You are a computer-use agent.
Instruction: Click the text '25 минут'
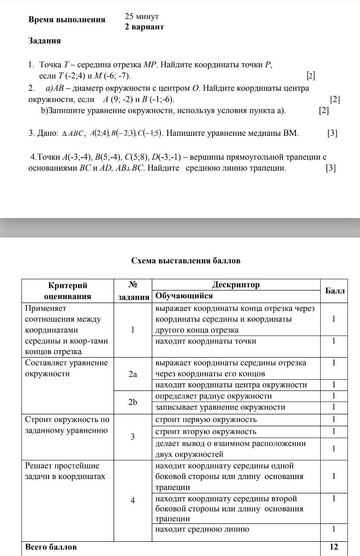click(141, 17)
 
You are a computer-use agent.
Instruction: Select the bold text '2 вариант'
click(144, 27)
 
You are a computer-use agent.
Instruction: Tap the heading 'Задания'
click(45, 41)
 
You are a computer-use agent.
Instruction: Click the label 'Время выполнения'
click(67, 20)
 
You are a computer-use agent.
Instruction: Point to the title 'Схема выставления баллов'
click(186, 261)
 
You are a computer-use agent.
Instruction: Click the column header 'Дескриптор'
click(236, 284)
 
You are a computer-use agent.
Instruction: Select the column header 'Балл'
click(335, 291)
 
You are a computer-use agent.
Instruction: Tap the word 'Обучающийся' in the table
click(184, 296)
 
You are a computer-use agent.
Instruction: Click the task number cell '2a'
click(133, 374)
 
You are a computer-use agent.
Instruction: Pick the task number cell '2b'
click(133, 402)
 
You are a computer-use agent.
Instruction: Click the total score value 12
click(334, 547)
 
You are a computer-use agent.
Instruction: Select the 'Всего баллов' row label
click(51, 547)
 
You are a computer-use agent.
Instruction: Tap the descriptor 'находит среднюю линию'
click(202, 529)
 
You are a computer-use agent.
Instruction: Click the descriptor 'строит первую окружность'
click(206, 419)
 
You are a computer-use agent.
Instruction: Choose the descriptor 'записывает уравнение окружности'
click(220, 407)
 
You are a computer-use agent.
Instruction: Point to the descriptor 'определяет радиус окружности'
click(213, 396)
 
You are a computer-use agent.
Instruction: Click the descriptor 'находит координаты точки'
click(206, 341)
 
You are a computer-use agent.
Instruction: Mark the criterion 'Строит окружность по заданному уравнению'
click(66, 425)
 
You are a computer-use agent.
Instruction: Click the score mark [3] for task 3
click(332, 133)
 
